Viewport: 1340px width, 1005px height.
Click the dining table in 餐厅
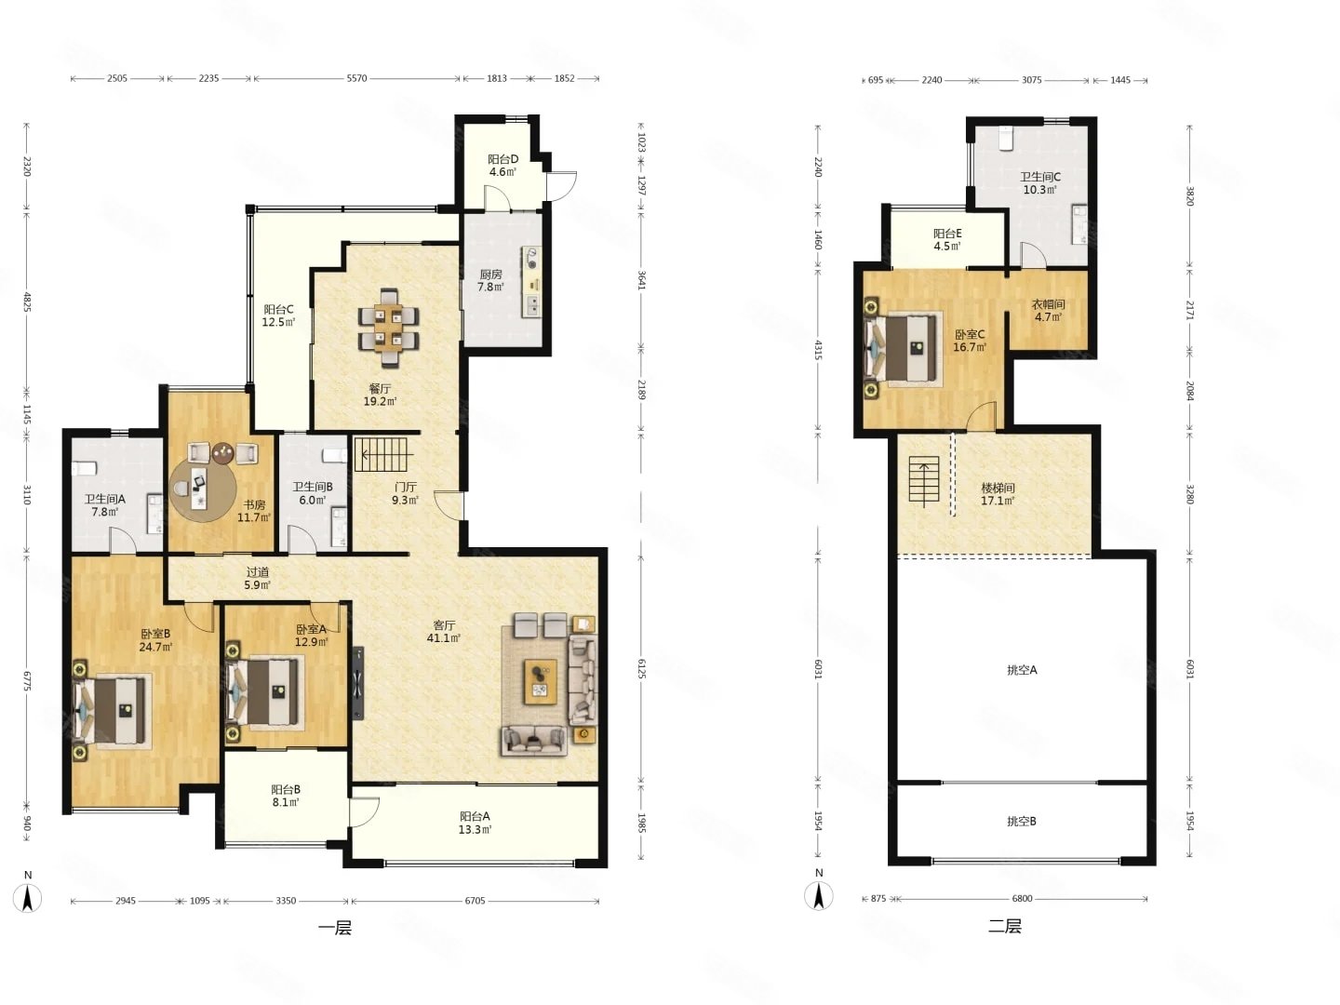pyautogui.click(x=389, y=328)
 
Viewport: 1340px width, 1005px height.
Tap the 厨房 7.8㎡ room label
pyautogui.click(x=490, y=281)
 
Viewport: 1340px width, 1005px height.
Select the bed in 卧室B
pyautogui.click(x=112, y=711)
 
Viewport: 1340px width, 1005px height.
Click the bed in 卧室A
pyautogui.click(x=265, y=692)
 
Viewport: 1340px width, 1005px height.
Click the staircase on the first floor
pyautogui.click(x=381, y=455)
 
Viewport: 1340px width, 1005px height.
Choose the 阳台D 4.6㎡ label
pyautogui.click(x=503, y=166)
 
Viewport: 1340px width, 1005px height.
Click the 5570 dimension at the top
pyautogui.click(x=356, y=79)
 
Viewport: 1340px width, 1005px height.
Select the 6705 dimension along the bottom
pyautogui.click(x=475, y=901)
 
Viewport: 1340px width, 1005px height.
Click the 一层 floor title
pyautogui.click(x=335, y=928)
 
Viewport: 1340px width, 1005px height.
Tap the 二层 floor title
pyautogui.click(x=1005, y=926)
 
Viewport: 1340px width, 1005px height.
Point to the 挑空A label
pyautogui.click(x=1022, y=670)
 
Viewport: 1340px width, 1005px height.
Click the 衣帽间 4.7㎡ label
pyautogui.click(x=1048, y=311)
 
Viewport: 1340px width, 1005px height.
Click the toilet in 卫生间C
pyautogui.click(x=1005, y=138)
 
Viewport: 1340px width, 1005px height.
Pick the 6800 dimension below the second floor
pyautogui.click(x=1022, y=899)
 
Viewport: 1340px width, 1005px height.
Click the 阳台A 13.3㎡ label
pyautogui.click(x=475, y=823)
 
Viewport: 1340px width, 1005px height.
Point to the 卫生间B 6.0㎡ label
pyautogui.click(x=313, y=493)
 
